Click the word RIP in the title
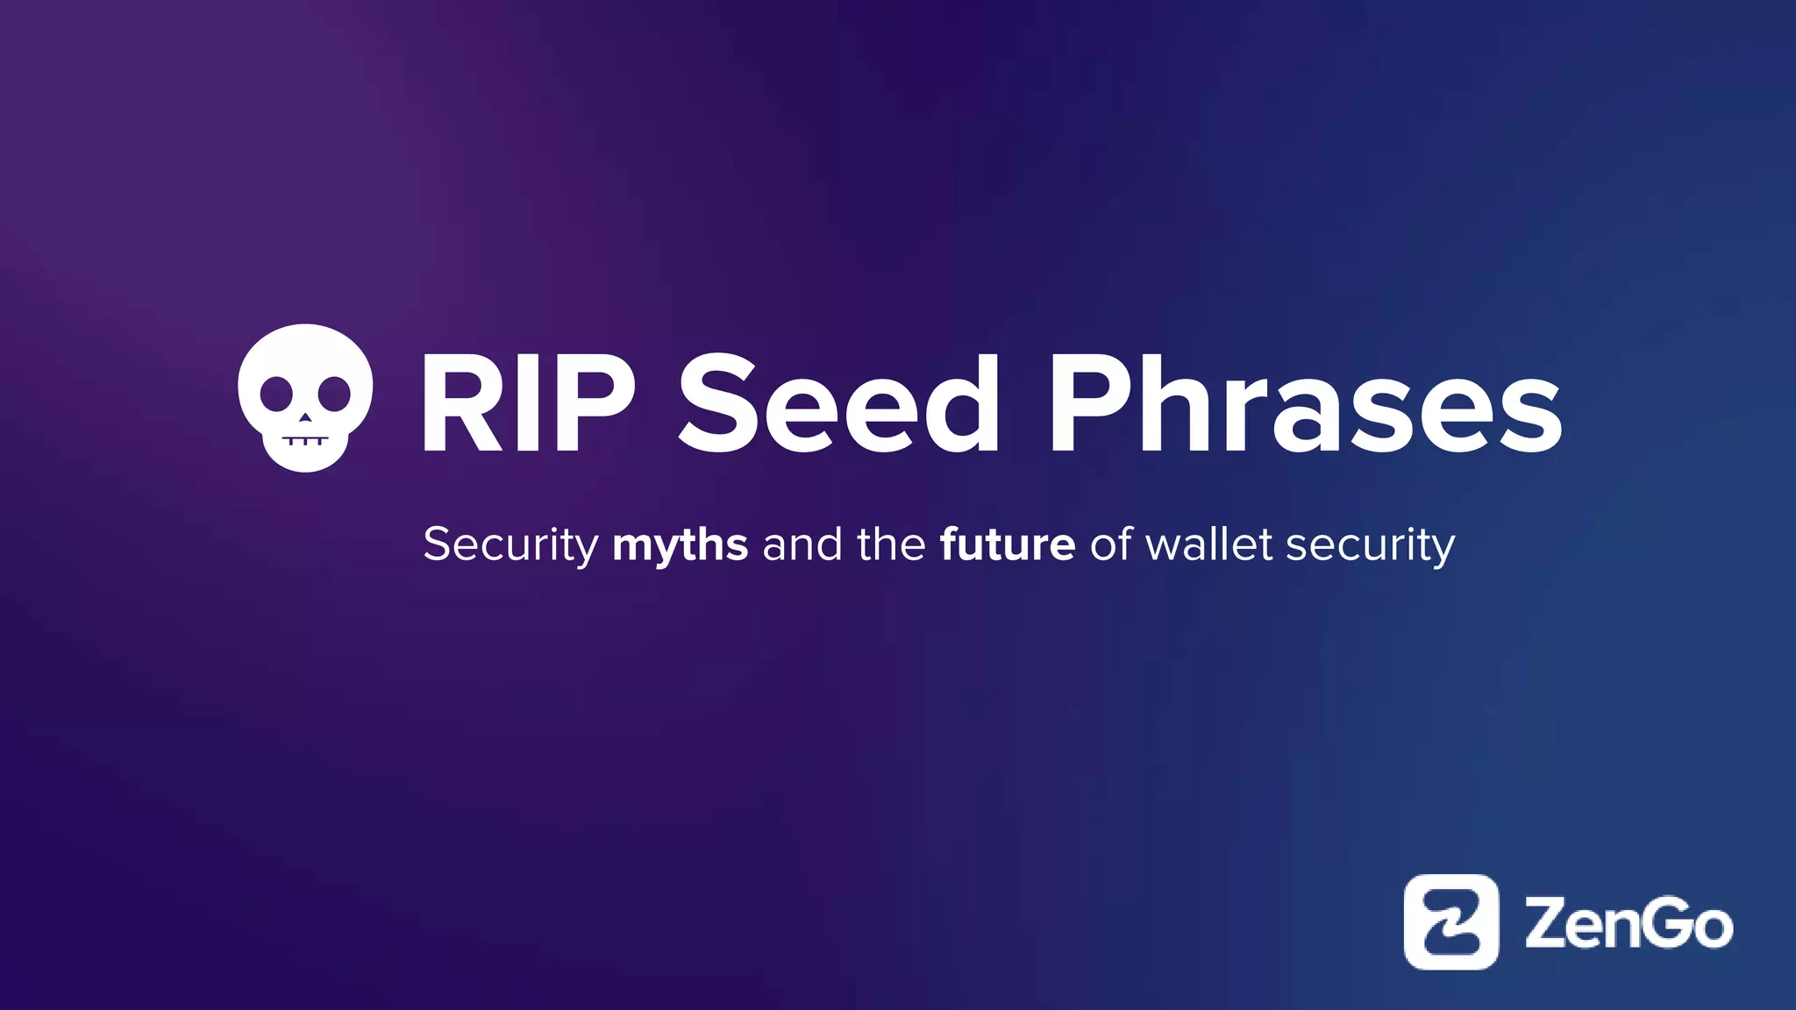pyautogui.click(x=527, y=405)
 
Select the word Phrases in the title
pyautogui.click(x=1304, y=405)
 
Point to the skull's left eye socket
pyautogui.click(x=276, y=394)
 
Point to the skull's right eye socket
pyautogui.click(x=334, y=394)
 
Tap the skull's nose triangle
pyautogui.click(x=305, y=418)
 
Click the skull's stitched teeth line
pyautogui.click(x=305, y=439)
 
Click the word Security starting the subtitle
pyautogui.click(x=510, y=545)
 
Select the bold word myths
pyautogui.click(x=681, y=545)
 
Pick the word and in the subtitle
pyautogui.click(x=802, y=545)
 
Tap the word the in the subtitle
pyautogui.click(x=891, y=545)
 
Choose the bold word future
pyautogui.click(x=1008, y=545)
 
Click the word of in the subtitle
pyautogui.click(x=1111, y=545)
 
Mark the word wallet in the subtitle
pyautogui.click(x=1210, y=545)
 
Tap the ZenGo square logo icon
pyautogui.click(x=1451, y=921)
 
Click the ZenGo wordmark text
pyautogui.click(x=1629, y=923)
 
